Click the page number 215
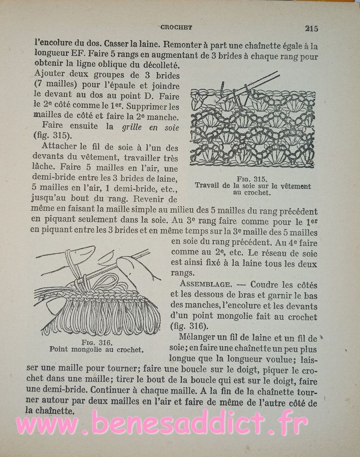pos(311,28)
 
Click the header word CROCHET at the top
pos(176,27)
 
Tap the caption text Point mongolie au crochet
pos(96,349)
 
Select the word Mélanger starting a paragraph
pos(198,338)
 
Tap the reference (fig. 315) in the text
pos(52,136)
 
